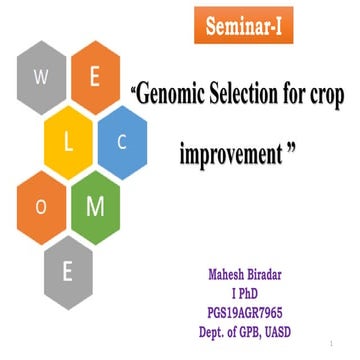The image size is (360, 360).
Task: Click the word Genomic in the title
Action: click(x=172, y=97)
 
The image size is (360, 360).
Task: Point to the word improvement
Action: click(x=229, y=156)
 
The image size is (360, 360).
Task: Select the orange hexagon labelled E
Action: click(x=93, y=86)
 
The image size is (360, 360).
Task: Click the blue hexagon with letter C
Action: click(x=123, y=141)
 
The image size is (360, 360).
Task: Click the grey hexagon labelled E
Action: click(x=68, y=271)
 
